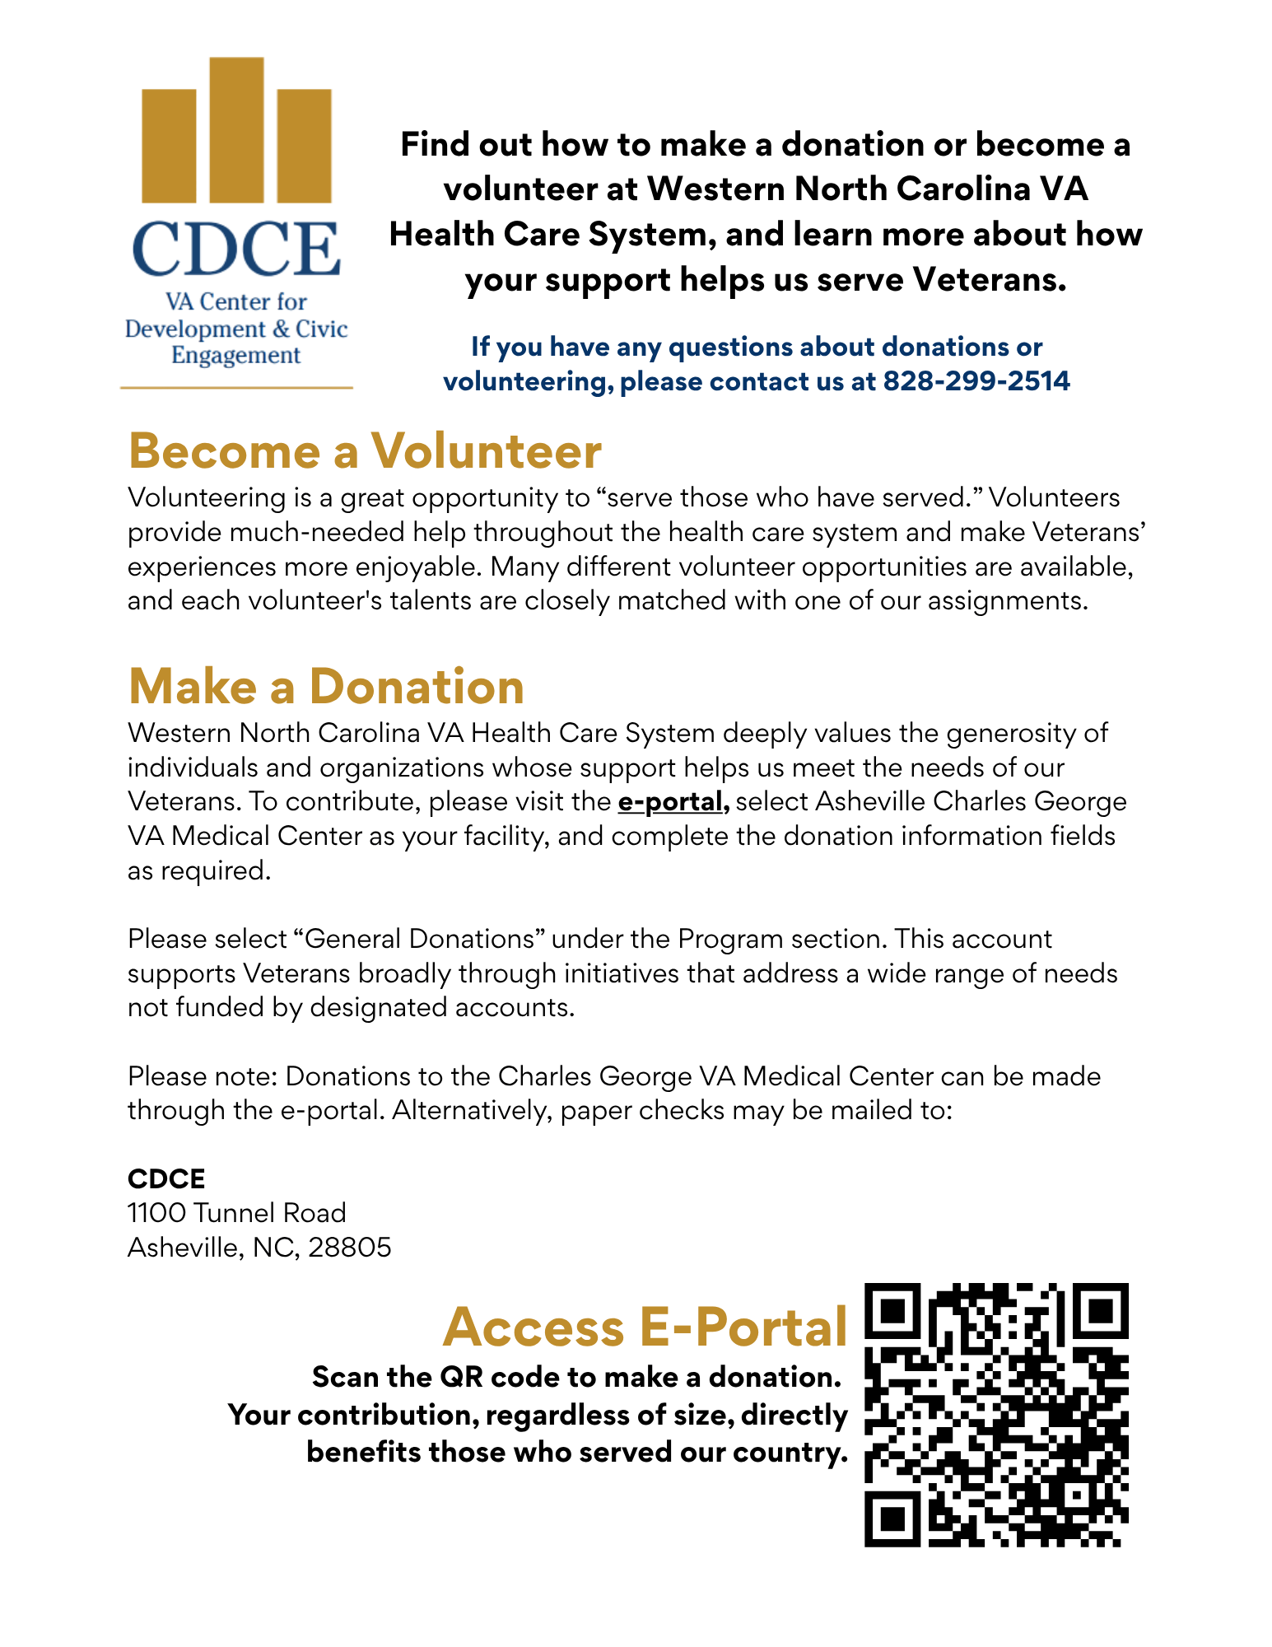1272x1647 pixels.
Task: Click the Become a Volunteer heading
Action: pyautogui.click(x=365, y=451)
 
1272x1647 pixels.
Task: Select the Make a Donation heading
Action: pyautogui.click(x=326, y=686)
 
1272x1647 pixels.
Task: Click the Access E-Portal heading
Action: pyautogui.click(x=645, y=1327)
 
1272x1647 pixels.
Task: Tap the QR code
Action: pyautogui.click(x=996, y=1414)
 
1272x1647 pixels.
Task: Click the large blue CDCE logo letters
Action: pyautogui.click(x=236, y=249)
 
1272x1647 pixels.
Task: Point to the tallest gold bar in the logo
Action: pyautogui.click(x=236, y=129)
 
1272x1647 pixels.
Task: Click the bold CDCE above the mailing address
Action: pyautogui.click(x=166, y=1178)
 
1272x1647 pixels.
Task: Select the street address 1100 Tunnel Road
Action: pyautogui.click(x=236, y=1213)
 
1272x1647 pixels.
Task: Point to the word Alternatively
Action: pyautogui.click(x=472, y=1110)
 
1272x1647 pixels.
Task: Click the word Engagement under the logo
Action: pyautogui.click(x=235, y=356)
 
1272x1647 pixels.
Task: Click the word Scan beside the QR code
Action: pyautogui.click(x=345, y=1377)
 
